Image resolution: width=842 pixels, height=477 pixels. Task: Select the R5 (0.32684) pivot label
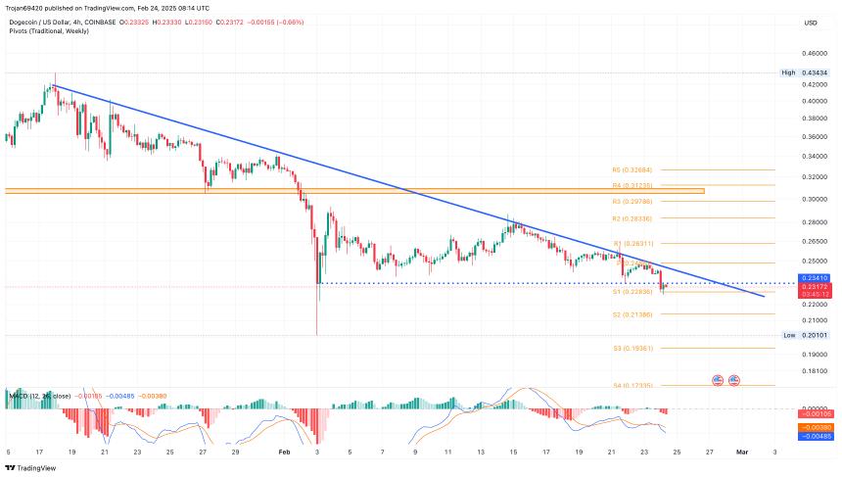[631, 169]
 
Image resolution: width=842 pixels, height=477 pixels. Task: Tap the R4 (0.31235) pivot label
[631, 185]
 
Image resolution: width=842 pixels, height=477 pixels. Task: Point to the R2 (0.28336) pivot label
[631, 218]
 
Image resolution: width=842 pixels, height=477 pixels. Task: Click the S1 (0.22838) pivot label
[631, 292]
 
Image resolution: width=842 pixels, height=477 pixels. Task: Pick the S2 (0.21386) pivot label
[631, 314]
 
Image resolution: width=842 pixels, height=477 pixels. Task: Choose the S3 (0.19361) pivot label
[631, 348]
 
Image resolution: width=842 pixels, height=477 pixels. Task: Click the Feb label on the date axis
[285, 452]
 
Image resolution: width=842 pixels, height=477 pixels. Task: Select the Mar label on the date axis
[741, 452]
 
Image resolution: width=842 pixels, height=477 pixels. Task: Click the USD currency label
[811, 23]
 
